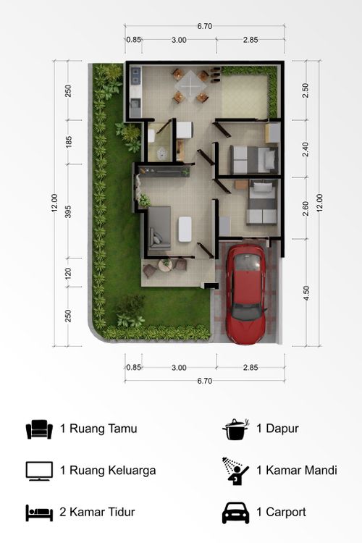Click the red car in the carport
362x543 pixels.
(246, 294)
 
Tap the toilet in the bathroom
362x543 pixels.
(161, 153)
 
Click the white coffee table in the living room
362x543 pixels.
(185, 229)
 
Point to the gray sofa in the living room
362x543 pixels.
(159, 228)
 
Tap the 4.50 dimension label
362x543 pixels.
(306, 293)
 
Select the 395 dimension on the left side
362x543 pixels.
(68, 211)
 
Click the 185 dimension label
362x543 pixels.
(69, 142)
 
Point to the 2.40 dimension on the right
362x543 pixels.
(306, 149)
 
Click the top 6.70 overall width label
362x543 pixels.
(204, 26)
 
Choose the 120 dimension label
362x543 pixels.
(68, 274)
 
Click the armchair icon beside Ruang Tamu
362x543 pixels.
(39, 429)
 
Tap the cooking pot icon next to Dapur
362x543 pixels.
(236, 429)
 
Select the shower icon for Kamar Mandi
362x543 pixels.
(235, 471)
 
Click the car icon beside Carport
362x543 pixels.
(235, 513)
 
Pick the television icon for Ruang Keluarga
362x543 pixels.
(39, 471)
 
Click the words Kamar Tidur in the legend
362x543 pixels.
(102, 512)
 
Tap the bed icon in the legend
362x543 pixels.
(39, 513)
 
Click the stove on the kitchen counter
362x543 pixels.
(136, 75)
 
